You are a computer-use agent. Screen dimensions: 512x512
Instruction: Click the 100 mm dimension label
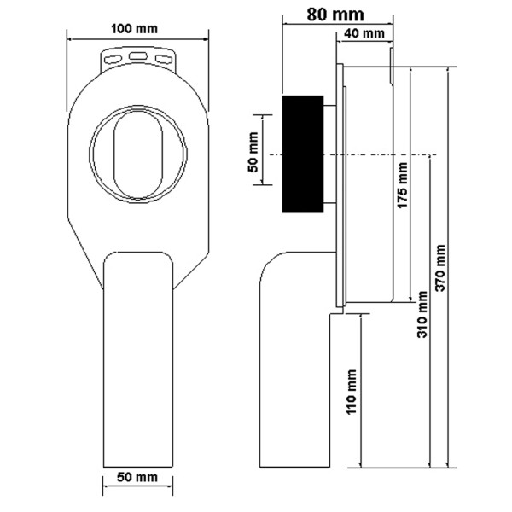coord(134,29)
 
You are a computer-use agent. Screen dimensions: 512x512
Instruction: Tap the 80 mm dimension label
coord(335,15)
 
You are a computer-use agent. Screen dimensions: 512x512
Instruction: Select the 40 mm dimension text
coord(364,33)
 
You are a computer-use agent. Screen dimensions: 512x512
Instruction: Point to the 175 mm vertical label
coord(402,185)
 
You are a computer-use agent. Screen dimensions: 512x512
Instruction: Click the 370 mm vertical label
coord(440,267)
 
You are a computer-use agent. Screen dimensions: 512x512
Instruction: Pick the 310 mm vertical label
coord(422,314)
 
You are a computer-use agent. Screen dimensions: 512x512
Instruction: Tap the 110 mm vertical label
coord(351,392)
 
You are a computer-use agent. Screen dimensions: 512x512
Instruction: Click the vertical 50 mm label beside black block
coord(253,152)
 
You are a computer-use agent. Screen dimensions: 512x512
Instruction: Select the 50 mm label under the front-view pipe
coord(137,477)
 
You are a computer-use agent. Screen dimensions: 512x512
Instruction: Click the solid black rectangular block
coord(303,154)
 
